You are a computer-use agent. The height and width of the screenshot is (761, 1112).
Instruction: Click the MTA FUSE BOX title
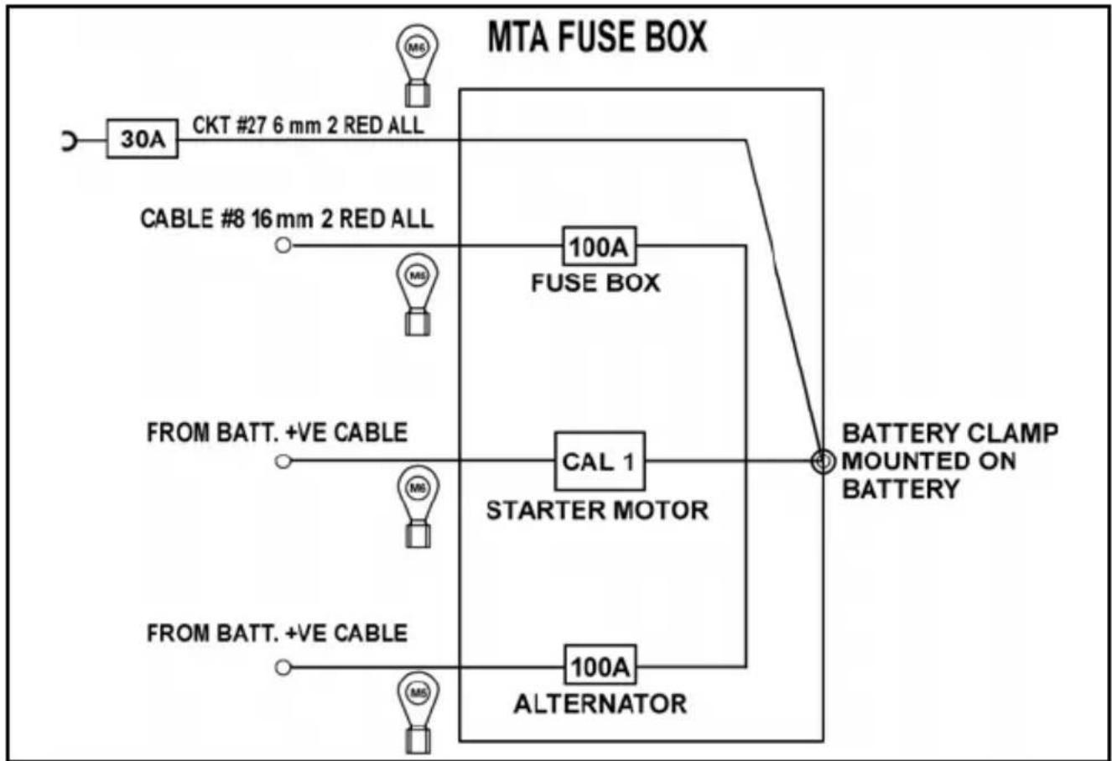coord(597,37)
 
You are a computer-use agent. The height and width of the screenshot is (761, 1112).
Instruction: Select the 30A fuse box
coord(143,138)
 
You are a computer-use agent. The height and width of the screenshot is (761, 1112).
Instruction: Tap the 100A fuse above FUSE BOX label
coord(600,247)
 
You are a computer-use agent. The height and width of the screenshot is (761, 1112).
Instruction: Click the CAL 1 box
coord(600,461)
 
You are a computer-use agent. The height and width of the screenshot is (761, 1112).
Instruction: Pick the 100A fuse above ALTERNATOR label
coord(600,665)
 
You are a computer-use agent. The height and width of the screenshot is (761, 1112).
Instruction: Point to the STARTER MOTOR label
coord(597,511)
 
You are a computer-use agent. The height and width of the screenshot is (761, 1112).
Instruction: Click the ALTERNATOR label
coord(600,704)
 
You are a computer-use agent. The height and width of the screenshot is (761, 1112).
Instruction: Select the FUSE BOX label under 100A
coord(595,283)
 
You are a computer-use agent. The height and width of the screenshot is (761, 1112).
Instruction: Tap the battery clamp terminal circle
coord(822,461)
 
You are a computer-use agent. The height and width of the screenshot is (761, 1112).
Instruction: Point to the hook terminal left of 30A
coord(70,141)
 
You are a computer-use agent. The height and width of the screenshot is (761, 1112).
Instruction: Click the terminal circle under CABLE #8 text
coord(283,245)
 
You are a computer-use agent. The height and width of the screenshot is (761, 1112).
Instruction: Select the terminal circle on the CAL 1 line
coord(283,461)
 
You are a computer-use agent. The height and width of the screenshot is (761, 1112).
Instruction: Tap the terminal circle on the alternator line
coord(283,668)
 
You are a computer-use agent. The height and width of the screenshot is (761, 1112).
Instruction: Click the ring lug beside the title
coord(417,65)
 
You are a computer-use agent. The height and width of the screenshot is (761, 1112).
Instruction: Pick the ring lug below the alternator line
coord(418,712)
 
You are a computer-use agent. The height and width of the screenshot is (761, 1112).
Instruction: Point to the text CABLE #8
coord(193,218)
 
